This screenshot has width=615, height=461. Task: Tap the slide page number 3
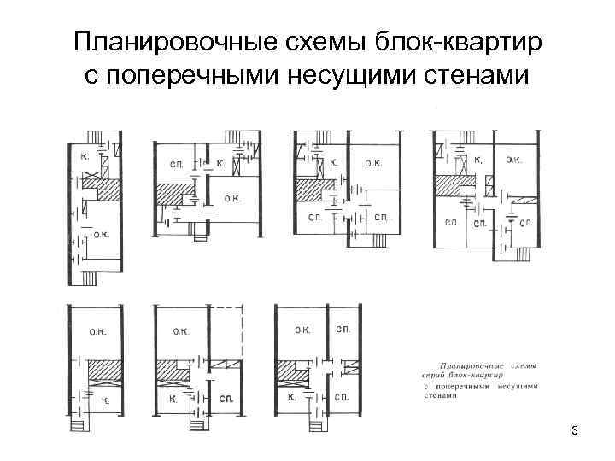coord(575,430)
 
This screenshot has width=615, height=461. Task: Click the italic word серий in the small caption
coord(434,375)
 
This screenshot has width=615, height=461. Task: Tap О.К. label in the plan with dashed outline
coord(180,330)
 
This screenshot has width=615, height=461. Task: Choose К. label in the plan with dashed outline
coord(173,399)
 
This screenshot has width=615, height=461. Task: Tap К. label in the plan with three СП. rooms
coord(478,160)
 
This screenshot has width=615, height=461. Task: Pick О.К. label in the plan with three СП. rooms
coord(514,159)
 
